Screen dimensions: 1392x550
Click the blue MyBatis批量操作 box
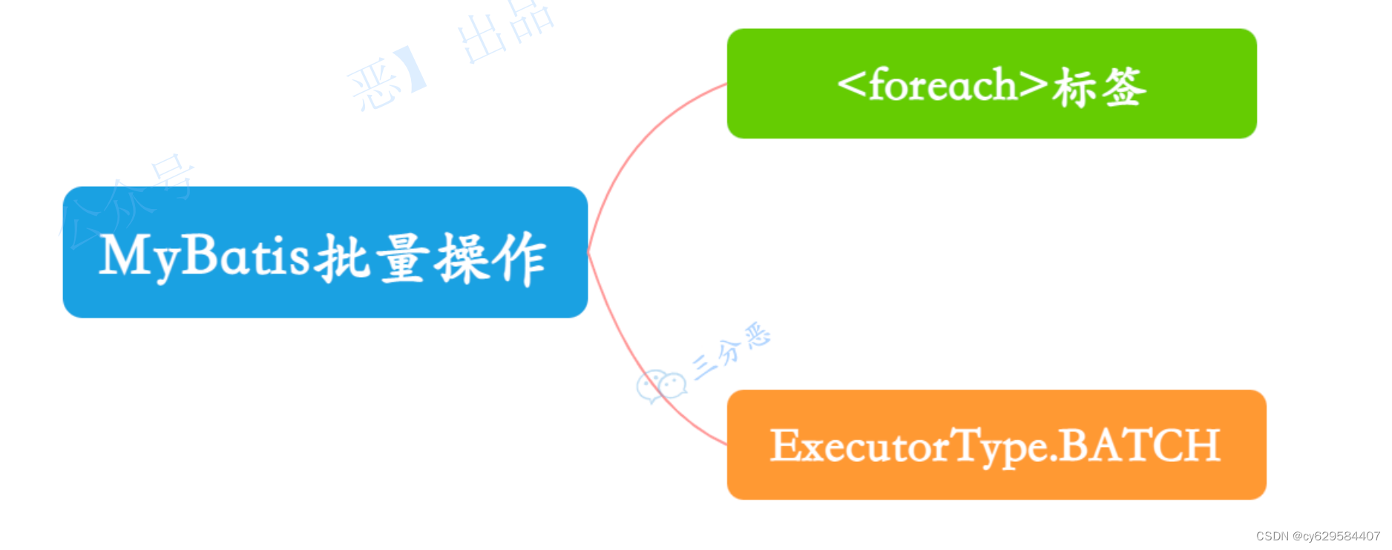(325, 252)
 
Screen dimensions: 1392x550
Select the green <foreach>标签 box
(991, 84)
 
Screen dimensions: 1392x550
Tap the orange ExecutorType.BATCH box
(996, 445)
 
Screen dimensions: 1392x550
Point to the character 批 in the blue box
(342, 258)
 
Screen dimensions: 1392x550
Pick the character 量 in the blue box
(402, 258)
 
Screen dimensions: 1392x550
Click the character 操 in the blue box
(462, 258)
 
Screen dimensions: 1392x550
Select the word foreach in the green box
(942, 85)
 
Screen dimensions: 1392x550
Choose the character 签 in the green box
(1123, 87)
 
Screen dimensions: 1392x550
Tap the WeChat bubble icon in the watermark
(660, 385)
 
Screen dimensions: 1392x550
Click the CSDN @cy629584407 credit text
(1318, 536)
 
